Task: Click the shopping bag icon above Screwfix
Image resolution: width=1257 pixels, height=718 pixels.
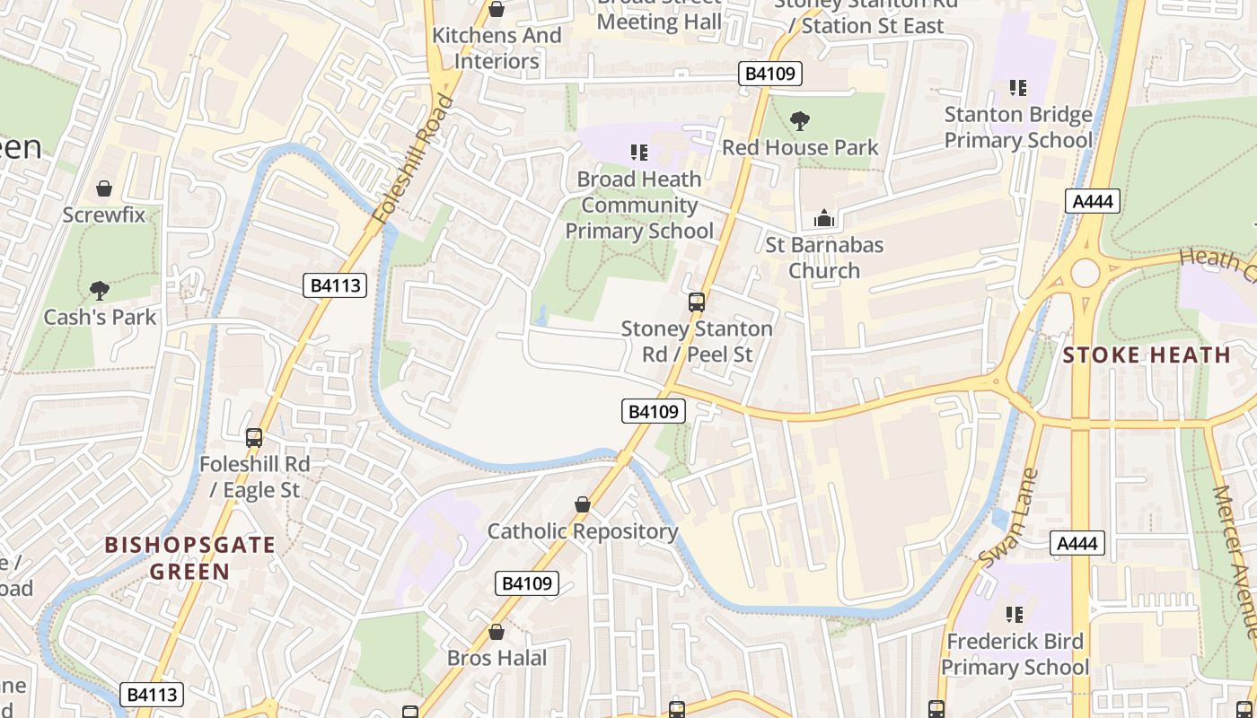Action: point(104,188)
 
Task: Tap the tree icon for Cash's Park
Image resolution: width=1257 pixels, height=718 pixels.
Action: point(100,291)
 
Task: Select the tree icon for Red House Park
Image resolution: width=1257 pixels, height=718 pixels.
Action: point(799,120)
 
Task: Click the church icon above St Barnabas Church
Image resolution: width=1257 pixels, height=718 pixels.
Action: point(823,218)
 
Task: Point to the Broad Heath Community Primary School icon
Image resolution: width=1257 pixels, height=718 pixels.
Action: point(638,153)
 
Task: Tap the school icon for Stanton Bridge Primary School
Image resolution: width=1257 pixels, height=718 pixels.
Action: point(1017,88)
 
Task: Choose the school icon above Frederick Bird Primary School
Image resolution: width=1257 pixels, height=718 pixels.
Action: point(1015,615)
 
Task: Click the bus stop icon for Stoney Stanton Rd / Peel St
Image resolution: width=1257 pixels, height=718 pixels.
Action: point(697,302)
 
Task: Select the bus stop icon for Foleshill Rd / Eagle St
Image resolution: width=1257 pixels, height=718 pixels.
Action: point(254,438)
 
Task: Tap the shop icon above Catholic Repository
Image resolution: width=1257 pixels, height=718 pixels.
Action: point(583,504)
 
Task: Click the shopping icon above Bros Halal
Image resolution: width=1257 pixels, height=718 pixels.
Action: point(496,632)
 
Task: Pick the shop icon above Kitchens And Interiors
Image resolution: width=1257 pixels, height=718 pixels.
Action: point(496,9)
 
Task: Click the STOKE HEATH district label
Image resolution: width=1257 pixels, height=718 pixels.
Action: point(1147,355)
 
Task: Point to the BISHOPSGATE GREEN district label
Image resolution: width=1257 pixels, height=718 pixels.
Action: point(190,557)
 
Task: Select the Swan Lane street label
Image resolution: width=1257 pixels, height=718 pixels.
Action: point(1008,518)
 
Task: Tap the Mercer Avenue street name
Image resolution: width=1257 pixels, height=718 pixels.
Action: point(1234,561)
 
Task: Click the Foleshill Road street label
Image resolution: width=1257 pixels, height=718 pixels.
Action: point(414,159)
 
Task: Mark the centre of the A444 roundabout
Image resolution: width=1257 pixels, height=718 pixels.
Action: point(1085,272)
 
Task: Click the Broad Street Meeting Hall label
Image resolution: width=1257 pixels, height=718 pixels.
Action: point(659,16)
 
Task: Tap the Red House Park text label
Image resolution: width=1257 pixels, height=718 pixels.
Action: point(800,147)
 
